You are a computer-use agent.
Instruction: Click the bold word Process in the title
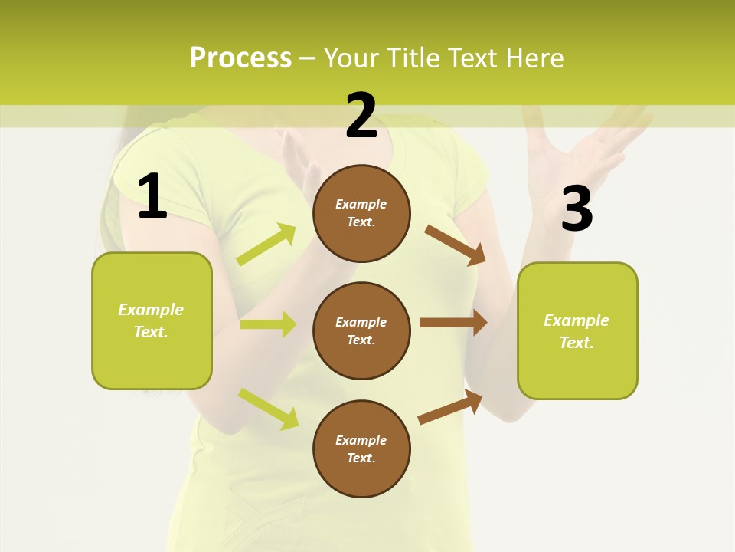pyautogui.click(x=240, y=58)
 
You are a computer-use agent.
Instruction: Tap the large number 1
pyautogui.click(x=152, y=197)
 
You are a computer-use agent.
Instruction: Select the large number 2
pyautogui.click(x=361, y=117)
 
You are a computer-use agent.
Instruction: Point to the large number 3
pyautogui.click(x=577, y=209)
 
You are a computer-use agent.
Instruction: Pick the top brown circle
pyautogui.click(x=361, y=213)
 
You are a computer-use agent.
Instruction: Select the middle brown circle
pyautogui.click(x=361, y=331)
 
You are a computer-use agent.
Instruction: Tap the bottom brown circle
pyautogui.click(x=361, y=449)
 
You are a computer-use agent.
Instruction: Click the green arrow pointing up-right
pyautogui.click(x=266, y=245)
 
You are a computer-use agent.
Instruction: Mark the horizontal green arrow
pyautogui.click(x=268, y=324)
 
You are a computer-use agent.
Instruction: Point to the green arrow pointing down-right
pyautogui.click(x=268, y=409)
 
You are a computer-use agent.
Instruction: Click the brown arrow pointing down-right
pyautogui.click(x=456, y=245)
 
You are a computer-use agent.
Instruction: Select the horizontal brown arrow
pyautogui.click(x=453, y=322)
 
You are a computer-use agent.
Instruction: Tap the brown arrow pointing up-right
pyautogui.click(x=451, y=407)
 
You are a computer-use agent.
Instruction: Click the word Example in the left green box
pyautogui.click(x=151, y=310)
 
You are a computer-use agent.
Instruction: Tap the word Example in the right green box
pyautogui.click(x=577, y=320)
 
